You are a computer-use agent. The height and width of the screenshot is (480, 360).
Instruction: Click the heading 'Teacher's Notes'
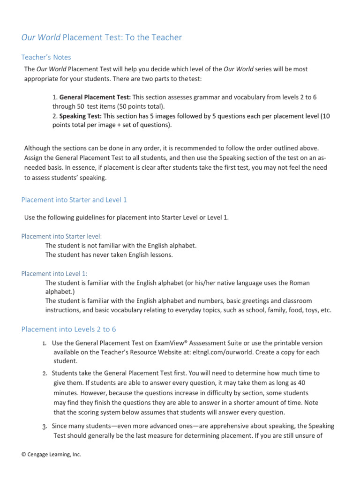tap(46, 57)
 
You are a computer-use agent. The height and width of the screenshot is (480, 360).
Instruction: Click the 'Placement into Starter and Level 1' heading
tap(74, 200)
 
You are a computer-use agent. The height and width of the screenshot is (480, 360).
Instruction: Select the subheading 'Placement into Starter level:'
tap(61, 236)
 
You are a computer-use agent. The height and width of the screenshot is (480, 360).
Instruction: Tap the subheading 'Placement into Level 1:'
tap(54, 274)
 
